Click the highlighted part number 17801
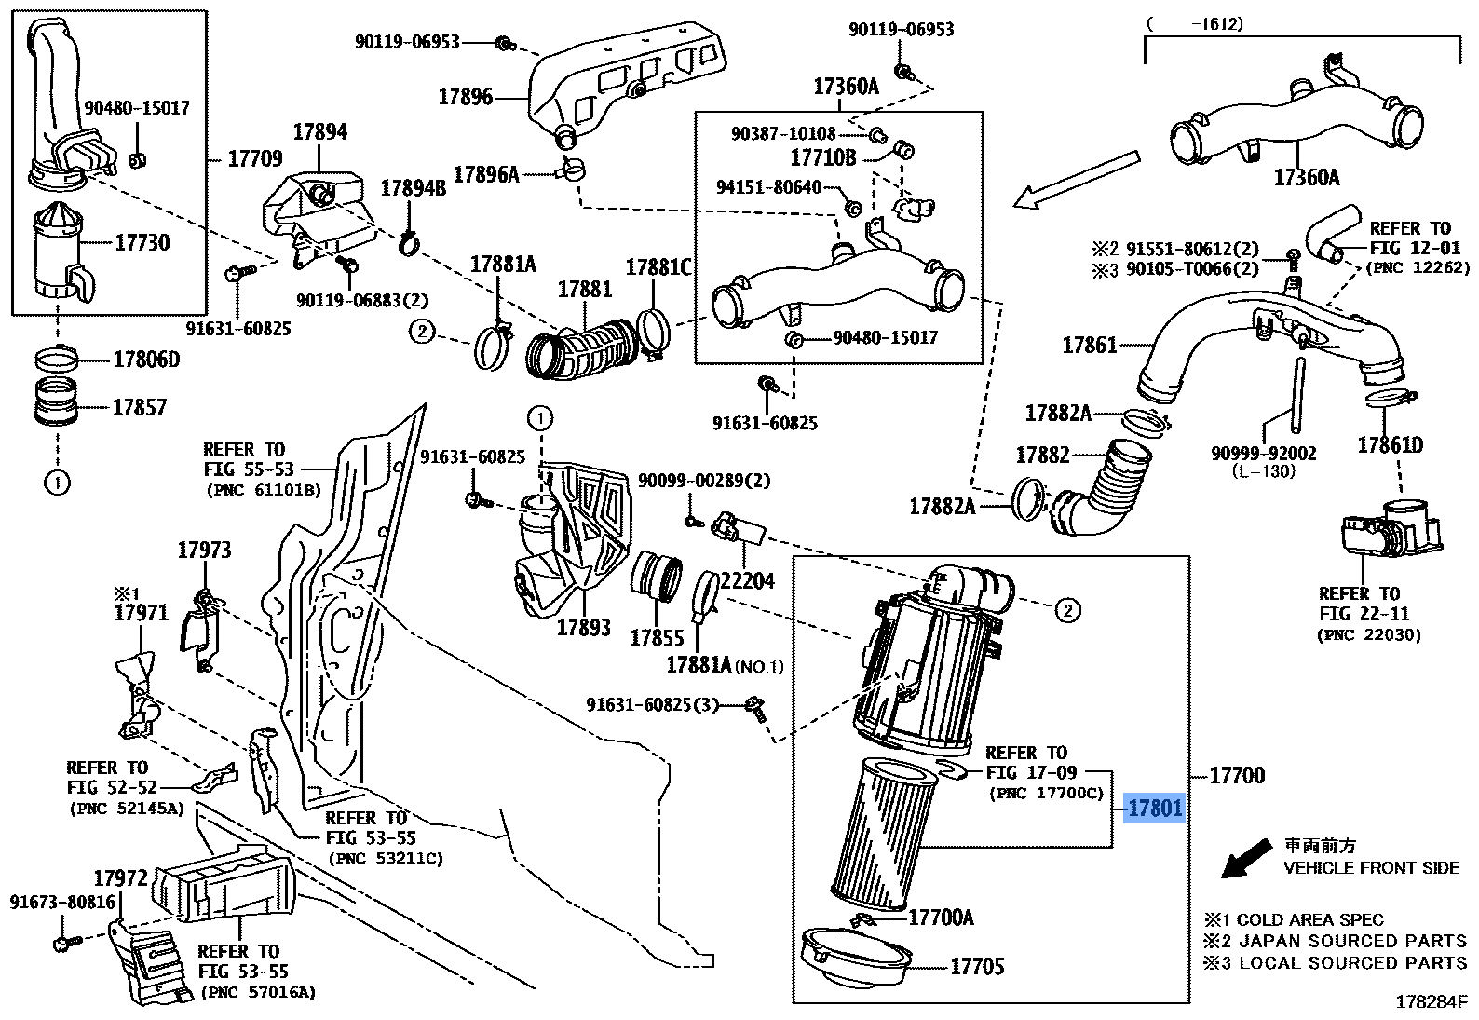click(x=1155, y=809)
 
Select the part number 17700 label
click(x=1237, y=775)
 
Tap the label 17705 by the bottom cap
click(x=977, y=967)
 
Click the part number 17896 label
click(x=466, y=96)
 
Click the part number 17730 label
click(x=142, y=243)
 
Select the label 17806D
click(x=146, y=360)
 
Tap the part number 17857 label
click(x=140, y=407)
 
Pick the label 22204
click(x=748, y=581)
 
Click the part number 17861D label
click(x=1390, y=444)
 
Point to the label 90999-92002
click(x=1264, y=454)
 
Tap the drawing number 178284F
click(x=1431, y=1003)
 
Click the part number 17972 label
click(x=121, y=877)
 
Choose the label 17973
click(x=204, y=551)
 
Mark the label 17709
click(x=254, y=159)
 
